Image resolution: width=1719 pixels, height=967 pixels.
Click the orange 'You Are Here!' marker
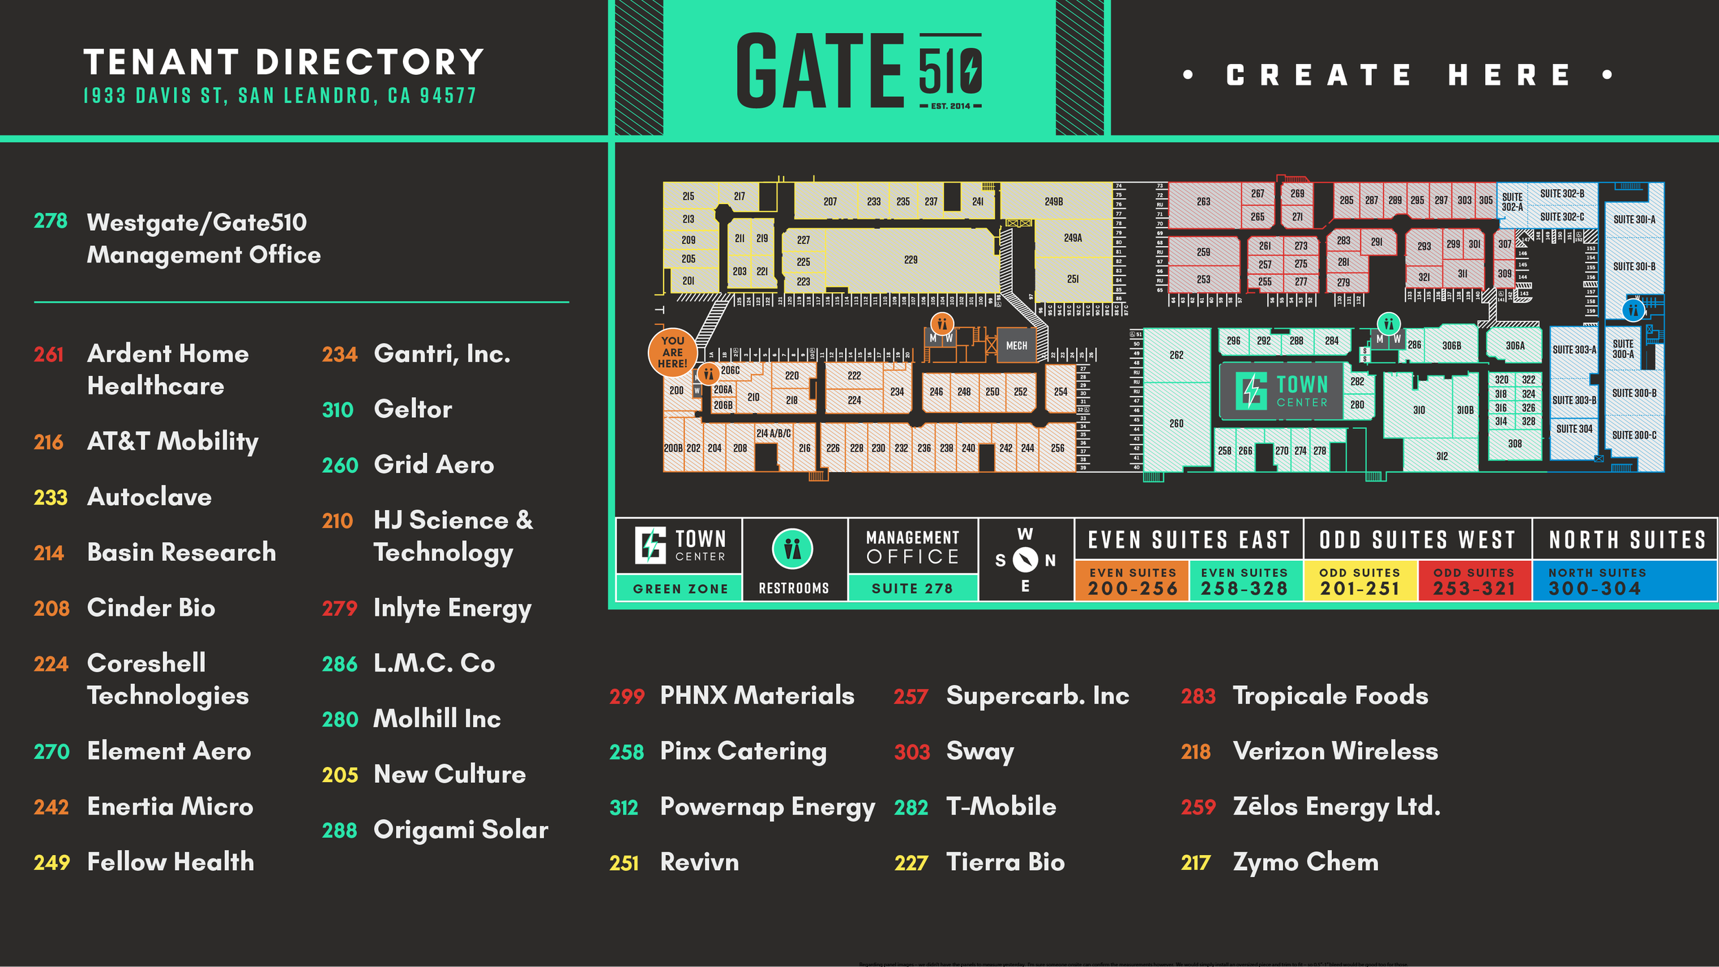[672, 352]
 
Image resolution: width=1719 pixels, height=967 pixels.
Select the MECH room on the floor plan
[1016, 346]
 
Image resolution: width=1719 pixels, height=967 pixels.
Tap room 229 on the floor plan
[910, 260]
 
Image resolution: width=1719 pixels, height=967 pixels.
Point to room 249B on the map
[1053, 201]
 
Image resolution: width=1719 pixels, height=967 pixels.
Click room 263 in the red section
[1203, 202]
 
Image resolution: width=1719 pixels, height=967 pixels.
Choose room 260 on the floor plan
[1176, 423]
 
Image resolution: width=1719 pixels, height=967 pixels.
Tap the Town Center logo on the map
[1281, 391]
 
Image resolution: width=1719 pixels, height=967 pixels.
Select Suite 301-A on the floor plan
[1634, 220]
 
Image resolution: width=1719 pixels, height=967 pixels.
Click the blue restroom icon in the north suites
[1633, 310]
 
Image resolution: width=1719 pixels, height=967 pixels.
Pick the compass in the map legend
[1025, 560]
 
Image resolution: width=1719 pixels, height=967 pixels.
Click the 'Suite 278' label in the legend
[912, 588]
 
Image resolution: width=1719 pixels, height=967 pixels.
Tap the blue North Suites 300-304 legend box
[1624, 581]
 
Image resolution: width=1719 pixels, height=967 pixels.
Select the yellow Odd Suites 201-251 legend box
[1360, 581]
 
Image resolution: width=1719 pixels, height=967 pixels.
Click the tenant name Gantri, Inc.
[441, 354]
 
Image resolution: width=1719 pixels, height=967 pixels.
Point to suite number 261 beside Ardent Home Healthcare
[49, 355]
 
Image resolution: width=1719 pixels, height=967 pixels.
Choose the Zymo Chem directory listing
[1305, 862]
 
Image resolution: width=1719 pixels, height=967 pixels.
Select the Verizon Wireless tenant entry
[1335, 751]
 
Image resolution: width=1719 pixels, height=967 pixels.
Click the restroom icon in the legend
[793, 549]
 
